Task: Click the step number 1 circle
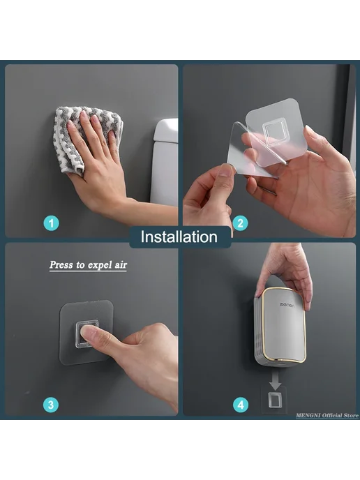pos(51,223)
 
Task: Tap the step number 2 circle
pos(240,223)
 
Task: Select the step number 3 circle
pos(51,405)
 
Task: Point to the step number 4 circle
pos(241,405)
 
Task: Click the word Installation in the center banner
pos(179,237)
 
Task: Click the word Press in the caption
pos(61,264)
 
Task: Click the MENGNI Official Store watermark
pos(327,415)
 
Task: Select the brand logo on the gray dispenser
pos(287,305)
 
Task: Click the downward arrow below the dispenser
pos(275,381)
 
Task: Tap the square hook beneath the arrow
pos(275,400)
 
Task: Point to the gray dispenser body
pos(280,327)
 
